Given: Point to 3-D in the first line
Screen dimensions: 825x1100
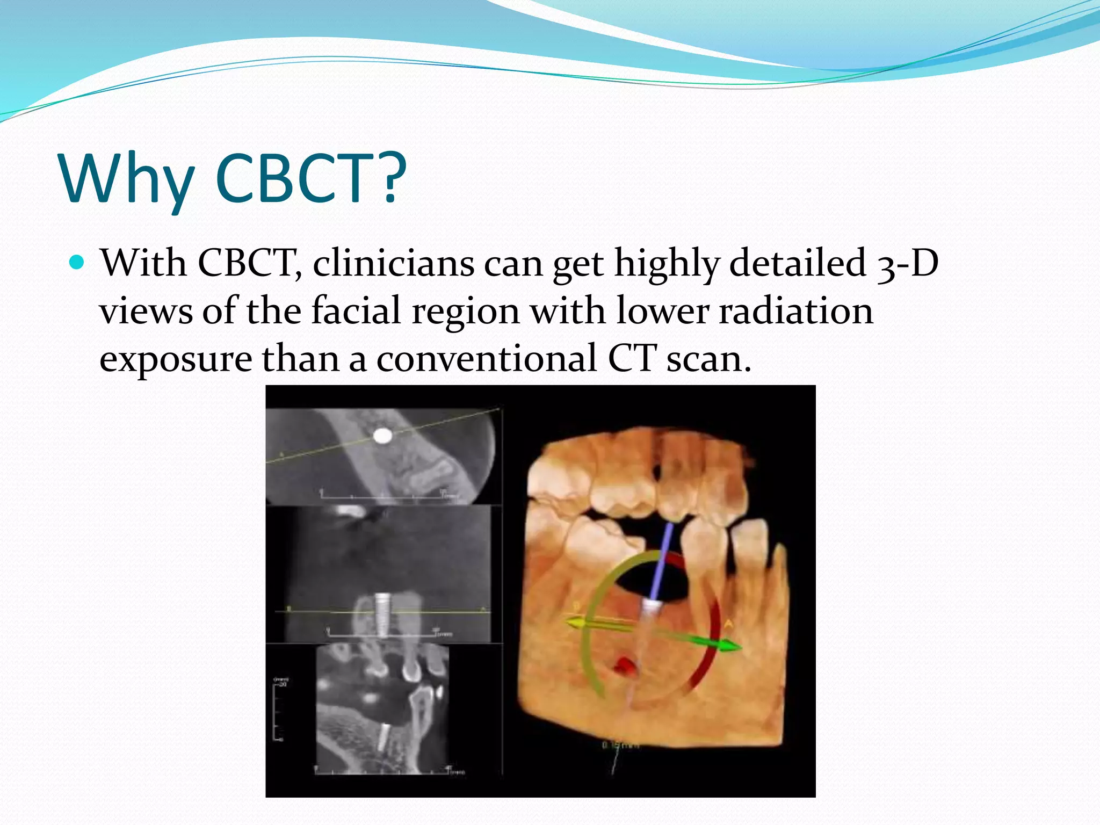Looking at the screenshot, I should click(907, 263).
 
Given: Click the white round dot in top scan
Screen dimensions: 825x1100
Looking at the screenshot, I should click(382, 436).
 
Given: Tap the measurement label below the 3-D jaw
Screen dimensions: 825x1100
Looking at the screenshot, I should click(620, 745).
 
